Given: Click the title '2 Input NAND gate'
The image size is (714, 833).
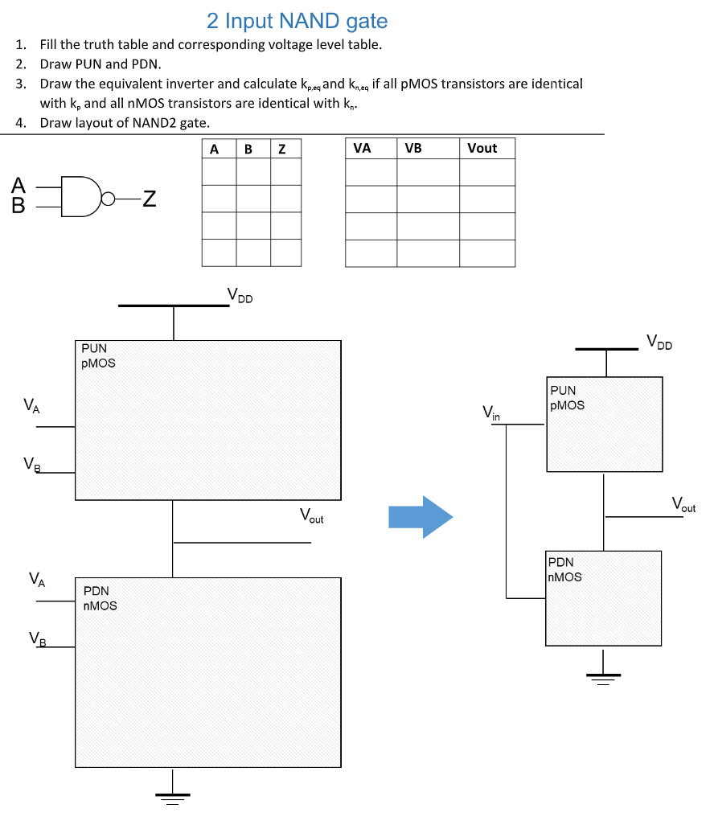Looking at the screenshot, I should pos(297,21).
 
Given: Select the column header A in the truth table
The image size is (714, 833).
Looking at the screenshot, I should pos(214,149).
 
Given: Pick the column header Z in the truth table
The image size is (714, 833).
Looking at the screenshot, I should pos(281,149).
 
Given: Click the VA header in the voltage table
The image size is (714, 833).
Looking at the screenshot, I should pos(362,148).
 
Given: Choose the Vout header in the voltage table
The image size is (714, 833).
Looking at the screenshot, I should pos(482,148).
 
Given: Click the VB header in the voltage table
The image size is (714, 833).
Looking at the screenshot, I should pos(413,148).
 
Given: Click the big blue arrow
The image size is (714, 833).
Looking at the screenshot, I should pos(420,516).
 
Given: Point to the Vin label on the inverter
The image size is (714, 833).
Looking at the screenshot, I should pos(490,413).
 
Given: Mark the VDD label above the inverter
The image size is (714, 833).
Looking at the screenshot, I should pos(659,343).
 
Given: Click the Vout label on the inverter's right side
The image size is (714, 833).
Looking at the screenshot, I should pos(683,505).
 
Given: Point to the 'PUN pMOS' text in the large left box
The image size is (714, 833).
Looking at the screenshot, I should pos(98,355).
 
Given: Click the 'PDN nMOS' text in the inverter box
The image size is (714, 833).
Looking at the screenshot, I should pos(564,569).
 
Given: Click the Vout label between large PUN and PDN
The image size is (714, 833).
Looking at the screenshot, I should pos(311,515).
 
